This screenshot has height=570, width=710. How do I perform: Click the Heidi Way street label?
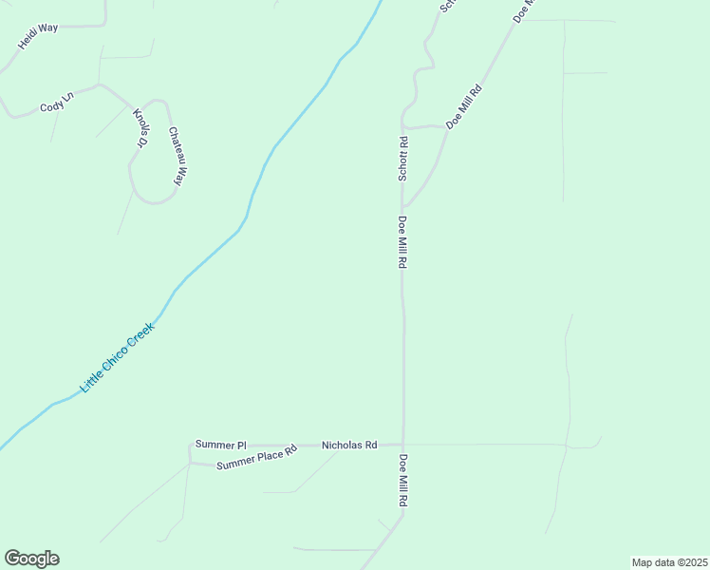click(x=38, y=36)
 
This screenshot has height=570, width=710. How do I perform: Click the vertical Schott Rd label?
click(x=402, y=160)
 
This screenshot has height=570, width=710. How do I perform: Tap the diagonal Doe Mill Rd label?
click(x=465, y=106)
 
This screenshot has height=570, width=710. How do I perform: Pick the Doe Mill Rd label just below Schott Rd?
click(x=402, y=243)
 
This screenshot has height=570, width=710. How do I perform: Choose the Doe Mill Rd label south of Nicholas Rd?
click(x=402, y=481)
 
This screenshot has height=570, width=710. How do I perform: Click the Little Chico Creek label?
click(x=117, y=358)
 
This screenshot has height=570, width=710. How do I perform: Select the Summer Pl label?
click(x=220, y=445)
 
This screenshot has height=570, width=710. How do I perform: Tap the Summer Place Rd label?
click(x=256, y=458)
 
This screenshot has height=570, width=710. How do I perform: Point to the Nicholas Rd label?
click(x=349, y=445)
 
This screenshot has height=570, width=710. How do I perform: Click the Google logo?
click(x=31, y=559)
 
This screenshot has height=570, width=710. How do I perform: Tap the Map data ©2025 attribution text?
click(x=669, y=562)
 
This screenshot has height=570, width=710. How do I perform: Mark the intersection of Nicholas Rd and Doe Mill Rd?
click(x=403, y=445)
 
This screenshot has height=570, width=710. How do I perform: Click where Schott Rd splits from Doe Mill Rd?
click(x=403, y=205)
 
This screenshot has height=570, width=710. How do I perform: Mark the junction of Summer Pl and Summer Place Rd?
click(x=190, y=462)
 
